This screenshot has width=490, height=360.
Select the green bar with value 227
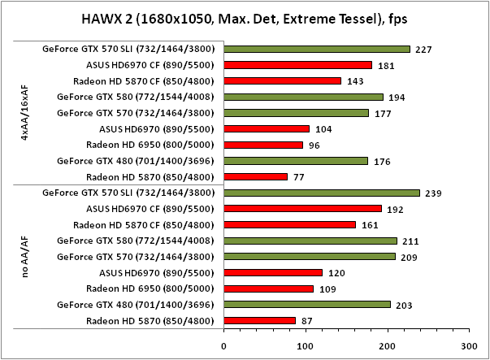point(317,49)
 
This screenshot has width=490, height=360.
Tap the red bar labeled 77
point(256,176)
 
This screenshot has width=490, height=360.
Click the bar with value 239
point(322,193)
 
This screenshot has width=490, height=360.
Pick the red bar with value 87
point(260,320)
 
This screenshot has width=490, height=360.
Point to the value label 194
point(397,97)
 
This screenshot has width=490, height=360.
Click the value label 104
point(323,128)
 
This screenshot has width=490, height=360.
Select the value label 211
point(411,241)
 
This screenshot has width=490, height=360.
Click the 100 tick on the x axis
point(306,345)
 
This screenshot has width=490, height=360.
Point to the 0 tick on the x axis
point(224,345)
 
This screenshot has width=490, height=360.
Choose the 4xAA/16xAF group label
point(24,113)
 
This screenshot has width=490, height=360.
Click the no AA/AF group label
point(24,257)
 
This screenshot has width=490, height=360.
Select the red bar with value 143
point(283,80)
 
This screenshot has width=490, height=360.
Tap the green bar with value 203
point(307,304)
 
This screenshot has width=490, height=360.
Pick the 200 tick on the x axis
point(388,345)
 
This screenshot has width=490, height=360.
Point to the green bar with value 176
point(296,161)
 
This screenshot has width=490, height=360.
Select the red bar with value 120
point(273,272)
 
